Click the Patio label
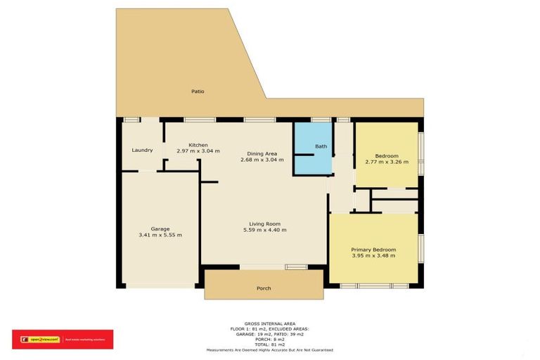coord(198,91)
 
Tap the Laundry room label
coord(143,150)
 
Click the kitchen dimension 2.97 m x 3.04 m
coord(198,151)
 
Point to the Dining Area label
coord(262,153)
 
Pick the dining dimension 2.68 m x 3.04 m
coord(262,160)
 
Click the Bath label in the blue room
coord(321,146)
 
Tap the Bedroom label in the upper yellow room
coord(387,156)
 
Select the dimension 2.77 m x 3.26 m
coord(387,162)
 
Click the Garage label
coord(160,229)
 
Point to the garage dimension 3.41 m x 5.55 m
coord(160,235)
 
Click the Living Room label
coord(264,224)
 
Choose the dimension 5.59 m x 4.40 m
coord(264,230)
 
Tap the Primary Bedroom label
coord(373,250)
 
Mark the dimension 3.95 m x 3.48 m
coord(373,256)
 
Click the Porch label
coord(263,288)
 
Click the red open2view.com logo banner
coord(63,340)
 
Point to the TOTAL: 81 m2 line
coord(269,345)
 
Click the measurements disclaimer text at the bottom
coord(269,349)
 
